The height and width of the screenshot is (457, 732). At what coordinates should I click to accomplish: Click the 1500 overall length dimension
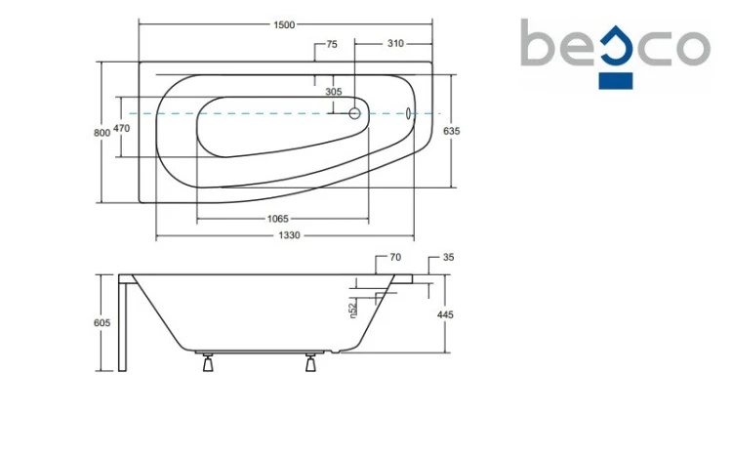[x=284, y=24]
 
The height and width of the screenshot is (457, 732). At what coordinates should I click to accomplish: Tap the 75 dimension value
[x=332, y=44]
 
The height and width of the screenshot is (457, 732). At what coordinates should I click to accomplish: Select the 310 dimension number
[x=395, y=44]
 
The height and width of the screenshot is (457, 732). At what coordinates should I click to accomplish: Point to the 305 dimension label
[x=334, y=92]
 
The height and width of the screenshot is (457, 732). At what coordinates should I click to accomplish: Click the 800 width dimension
[x=102, y=133]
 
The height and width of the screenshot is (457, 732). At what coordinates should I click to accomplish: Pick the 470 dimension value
[x=121, y=128]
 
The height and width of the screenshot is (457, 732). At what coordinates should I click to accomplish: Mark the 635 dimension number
[x=452, y=131]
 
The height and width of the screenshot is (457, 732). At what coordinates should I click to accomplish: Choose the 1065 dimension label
[x=278, y=219]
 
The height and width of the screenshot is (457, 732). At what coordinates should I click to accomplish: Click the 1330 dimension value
[x=289, y=235]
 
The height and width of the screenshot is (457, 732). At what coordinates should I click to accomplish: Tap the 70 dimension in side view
[x=395, y=257]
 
